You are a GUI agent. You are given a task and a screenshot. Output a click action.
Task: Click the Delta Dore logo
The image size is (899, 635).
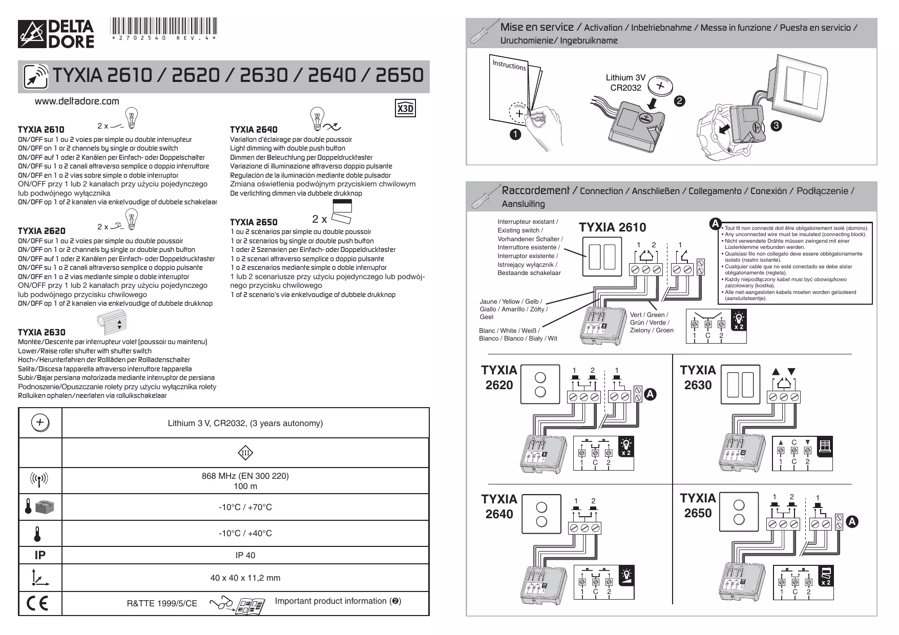(x=56, y=34)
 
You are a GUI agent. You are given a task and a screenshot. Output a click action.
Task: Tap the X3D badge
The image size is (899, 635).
(x=406, y=109)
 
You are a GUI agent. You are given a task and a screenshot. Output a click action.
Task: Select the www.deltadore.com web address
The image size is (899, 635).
(x=76, y=101)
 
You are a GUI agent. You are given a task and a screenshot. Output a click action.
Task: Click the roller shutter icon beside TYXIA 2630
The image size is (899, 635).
(x=111, y=324)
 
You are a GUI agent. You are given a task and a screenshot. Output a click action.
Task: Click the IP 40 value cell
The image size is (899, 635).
(x=245, y=555)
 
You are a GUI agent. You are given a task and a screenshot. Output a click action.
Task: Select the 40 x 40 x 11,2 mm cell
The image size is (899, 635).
(x=245, y=578)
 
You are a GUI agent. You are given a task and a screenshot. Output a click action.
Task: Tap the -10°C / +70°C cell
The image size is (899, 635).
(x=245, y=507)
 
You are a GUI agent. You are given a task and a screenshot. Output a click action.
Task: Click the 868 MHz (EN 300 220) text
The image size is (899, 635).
(x=245, y=476)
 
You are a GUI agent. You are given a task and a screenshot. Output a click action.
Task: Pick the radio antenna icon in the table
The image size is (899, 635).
(x=39, y=480)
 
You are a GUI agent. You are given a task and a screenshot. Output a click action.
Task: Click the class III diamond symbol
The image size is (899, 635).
(x=245, y=453)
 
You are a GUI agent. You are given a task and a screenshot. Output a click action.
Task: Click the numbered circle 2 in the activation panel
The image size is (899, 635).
(x=680, y=101)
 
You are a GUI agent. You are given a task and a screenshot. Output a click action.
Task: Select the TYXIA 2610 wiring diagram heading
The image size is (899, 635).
(x=612, y=227)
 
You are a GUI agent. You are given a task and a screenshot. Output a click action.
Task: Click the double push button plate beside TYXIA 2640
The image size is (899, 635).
(x=540, y=514)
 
